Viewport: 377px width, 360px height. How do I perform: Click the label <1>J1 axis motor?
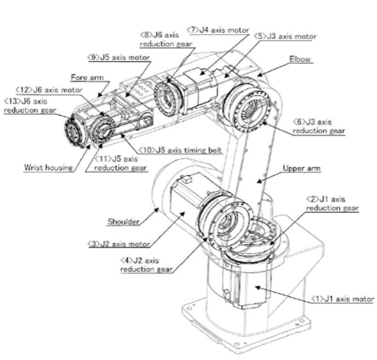click(342, 299)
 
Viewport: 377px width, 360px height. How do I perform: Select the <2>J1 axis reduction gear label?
click(333, 203)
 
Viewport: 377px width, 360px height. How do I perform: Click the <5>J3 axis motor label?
click(288, 36)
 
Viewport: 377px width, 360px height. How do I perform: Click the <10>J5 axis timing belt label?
click(180, 150)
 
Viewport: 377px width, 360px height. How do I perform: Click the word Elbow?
click(300, 60)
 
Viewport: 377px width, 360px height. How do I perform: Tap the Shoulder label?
click(123, 222)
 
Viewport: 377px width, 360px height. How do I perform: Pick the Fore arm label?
click(84, 77)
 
